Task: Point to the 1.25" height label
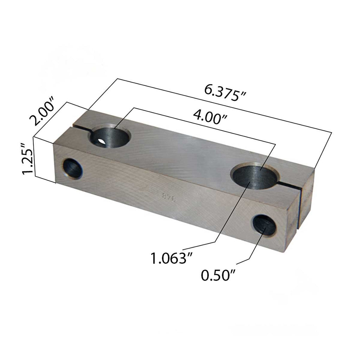pos(27,159)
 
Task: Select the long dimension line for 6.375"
pos(225,105)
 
